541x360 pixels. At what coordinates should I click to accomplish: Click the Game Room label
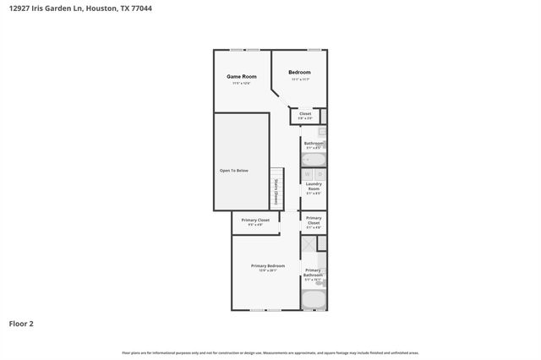pyautogui.click(x=241, y=77)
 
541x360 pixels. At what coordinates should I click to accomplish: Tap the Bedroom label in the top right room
pyautogui.click(x=299, y=73)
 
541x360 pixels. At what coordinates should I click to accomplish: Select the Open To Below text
pyautogui.click(x=234, y=171)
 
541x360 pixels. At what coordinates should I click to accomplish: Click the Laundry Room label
pyautogui.click(x=314, y=186)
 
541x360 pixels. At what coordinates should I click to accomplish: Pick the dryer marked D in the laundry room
pyautogui.click(x=320, y=174)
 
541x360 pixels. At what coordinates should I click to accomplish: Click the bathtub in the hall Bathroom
pyautogui.click(x=314, y=158)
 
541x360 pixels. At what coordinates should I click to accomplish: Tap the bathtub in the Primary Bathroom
pyautogui.click(x=314, y=300)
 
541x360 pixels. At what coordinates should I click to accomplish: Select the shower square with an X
pyautogui.click(x=309, y=243)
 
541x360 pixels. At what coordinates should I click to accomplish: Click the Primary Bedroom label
pyautogui.click(x=267, y=266)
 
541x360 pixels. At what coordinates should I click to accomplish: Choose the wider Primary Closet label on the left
pyautogui.click(x=254, y=220)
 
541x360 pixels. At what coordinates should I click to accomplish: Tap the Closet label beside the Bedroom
pyautogui.click(x=305, y=113)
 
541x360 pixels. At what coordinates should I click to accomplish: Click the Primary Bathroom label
pyautogui.click(x=314, y=273)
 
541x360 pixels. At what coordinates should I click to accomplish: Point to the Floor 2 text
pyautogui.click(x=22, y=323)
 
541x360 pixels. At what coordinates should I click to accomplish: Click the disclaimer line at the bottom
pyautogui.click(x=270, y=352)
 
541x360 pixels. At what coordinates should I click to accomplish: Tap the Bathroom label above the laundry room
pyautogui.click(x=314, y=144)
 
